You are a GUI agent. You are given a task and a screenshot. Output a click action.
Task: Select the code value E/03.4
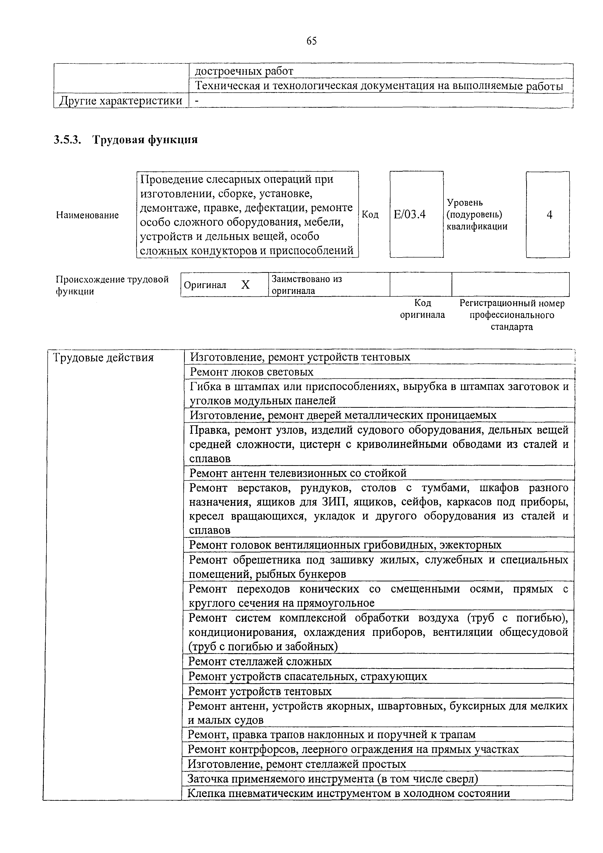(409, 214)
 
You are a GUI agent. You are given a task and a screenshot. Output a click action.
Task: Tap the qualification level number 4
(549, 214)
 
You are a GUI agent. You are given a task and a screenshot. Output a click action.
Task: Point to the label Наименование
(87, 215)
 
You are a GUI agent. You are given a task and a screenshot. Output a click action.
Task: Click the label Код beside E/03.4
(370, 214)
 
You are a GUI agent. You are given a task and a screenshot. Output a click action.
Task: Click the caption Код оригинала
(422, 309)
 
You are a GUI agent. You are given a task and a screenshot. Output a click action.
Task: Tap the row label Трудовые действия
(103, 358)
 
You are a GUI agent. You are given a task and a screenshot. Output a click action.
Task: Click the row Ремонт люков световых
(251, 372)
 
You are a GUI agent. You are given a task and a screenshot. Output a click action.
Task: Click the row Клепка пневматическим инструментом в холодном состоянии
(348, 794)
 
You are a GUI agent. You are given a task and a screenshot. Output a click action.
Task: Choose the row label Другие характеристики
(121, 101)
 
